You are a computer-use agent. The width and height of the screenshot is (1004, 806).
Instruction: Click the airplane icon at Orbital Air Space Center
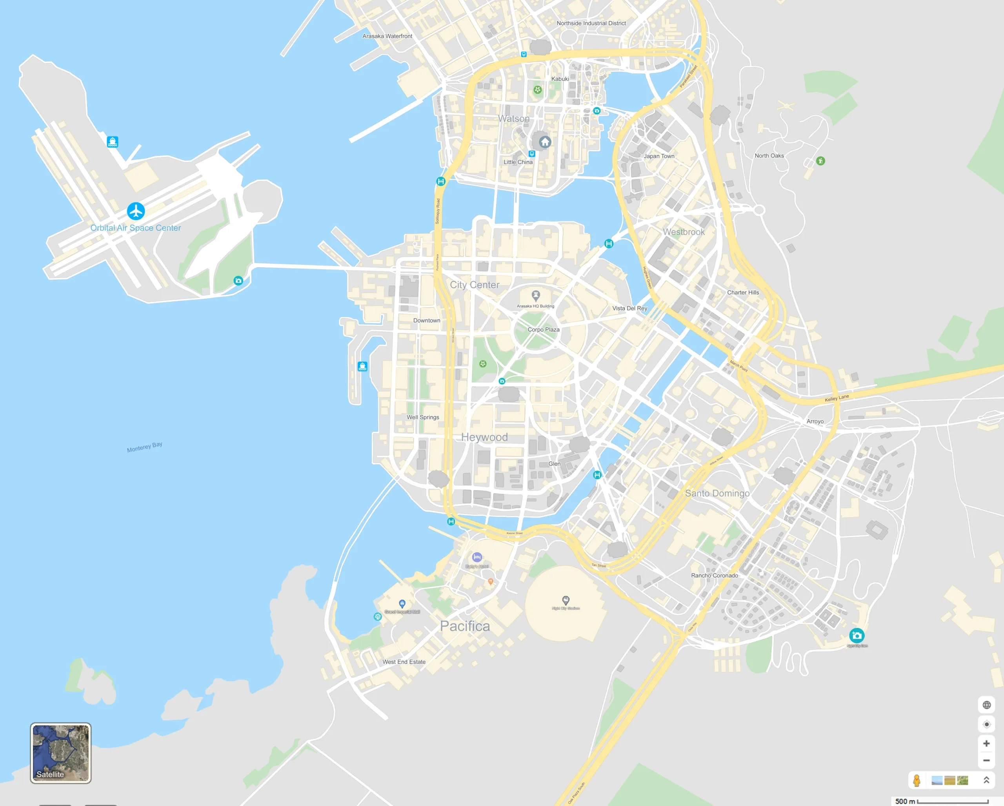(x=136, y=211)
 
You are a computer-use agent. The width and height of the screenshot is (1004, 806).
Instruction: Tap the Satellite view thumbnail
(x=60, y=753)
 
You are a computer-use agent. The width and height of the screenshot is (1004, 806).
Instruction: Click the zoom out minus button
(x=986, y=760)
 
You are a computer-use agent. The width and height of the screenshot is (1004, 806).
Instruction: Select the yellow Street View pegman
(x=917, y=780)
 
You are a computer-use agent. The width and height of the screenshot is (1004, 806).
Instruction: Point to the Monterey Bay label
(x=144, y=447)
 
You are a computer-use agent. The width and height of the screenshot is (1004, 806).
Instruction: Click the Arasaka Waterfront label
(x=387, y=36)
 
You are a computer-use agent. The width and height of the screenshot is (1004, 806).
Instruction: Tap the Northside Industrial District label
(x=591, y=23)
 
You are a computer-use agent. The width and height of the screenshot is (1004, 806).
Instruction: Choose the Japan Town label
(x=658, y=156)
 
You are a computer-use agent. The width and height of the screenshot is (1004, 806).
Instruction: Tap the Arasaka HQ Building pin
(x=535, y=295)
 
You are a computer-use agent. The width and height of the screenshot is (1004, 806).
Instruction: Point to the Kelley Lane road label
(x=837, y=398)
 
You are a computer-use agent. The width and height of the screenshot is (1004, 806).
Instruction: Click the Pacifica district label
(x=465, y=626)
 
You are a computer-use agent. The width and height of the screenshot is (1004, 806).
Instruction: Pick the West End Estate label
(x=404, y=662)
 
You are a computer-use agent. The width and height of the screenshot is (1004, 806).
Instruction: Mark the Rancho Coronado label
(x=714, y=575)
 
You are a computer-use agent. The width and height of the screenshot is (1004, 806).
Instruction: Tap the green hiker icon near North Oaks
(x=820, y=161)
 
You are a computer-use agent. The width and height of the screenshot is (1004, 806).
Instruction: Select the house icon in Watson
(x=545, y=142)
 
